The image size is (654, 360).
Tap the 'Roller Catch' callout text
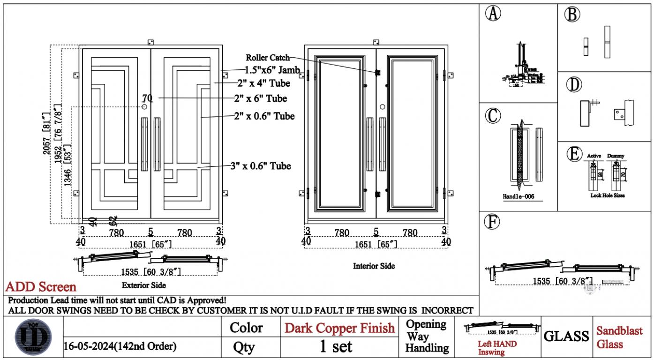[x=268, y=58]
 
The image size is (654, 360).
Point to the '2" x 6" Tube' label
[x=260, y=98]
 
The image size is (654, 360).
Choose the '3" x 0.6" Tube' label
[x=261, y=166]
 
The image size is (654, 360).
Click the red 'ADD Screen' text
[x=41, y=286]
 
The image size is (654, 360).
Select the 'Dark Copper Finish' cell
[x=340, y=328]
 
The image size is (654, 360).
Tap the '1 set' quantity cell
[x=336, y=347]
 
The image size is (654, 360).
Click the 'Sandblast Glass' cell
[x=619, y=337]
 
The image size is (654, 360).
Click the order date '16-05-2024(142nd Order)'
[x=120, y=347]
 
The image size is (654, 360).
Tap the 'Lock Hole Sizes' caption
[x=607, y=195]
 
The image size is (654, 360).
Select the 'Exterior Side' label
[x=143, y=285]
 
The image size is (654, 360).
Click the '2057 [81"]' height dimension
[x=46, y=134]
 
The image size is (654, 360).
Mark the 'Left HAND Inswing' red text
[x=497, y=348]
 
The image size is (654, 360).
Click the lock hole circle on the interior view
[x=383, y=107]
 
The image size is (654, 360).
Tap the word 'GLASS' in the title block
[x=566, y=336]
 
